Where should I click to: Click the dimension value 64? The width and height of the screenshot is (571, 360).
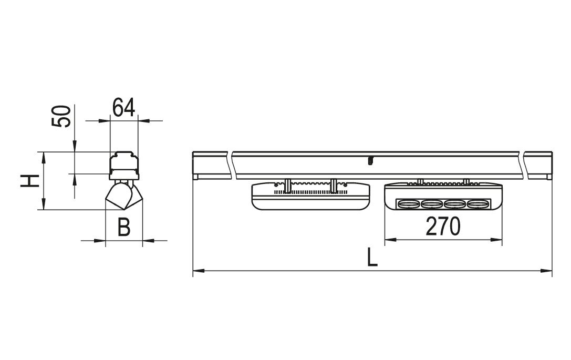(x=123, y=108)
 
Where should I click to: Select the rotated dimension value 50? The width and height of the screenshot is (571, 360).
(x=60, y=116)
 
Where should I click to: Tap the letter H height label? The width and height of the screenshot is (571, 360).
(x=29, y=181)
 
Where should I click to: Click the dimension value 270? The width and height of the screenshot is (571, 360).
(x=443, y=227)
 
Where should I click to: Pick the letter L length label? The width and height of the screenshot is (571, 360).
(x=371, y=257)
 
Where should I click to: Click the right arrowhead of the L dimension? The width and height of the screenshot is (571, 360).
(x=547, y=271)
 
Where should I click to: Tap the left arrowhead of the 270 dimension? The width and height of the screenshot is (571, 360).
(x=390, y=240)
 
